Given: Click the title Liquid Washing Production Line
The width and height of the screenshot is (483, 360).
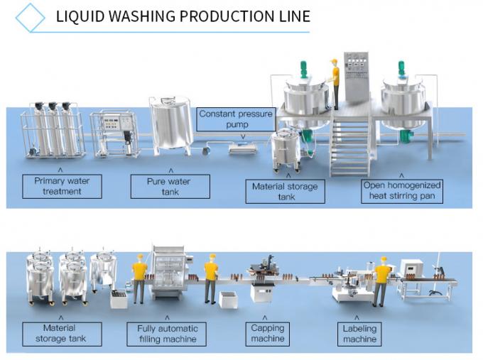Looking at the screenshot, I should (183, 16).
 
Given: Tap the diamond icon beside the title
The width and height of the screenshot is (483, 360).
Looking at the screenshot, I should (30, 17).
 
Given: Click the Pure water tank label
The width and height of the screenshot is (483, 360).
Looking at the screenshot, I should (170, 186).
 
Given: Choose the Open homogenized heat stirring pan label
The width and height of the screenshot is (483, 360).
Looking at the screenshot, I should (402, 191).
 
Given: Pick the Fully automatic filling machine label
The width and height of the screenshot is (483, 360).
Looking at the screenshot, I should (167, 334).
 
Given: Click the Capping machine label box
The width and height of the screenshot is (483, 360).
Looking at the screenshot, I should (266, 333).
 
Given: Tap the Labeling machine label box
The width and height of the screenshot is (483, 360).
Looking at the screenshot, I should (360, 333).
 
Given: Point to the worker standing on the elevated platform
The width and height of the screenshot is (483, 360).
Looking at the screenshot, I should (334, 80).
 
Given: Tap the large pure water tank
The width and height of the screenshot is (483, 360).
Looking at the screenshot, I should (171, 123).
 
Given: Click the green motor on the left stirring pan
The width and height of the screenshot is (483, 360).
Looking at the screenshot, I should (303, 69).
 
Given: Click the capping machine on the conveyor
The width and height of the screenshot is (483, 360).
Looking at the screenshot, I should (263, 273).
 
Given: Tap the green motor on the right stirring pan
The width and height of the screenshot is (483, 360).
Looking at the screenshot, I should (401, 69).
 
